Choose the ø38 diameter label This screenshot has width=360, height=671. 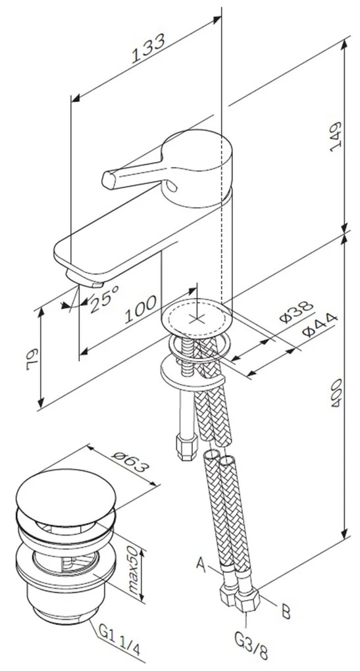tap(294, 311)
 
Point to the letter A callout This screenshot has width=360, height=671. tap(201, 563)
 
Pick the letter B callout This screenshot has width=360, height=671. tap(286, 612)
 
